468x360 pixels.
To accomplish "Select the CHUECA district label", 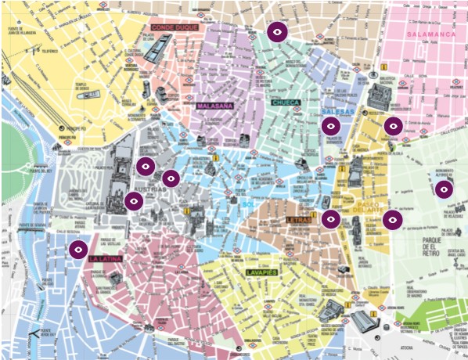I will coord(286,103).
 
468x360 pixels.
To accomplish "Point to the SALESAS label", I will coord(337,112).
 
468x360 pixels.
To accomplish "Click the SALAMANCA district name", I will coord(430,34).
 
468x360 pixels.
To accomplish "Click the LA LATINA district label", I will coord(104,259).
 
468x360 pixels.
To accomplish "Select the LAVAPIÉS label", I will coord(261,272).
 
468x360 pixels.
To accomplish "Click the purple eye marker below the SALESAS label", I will coord(331,125).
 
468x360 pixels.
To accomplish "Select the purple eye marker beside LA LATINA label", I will coord(77,250).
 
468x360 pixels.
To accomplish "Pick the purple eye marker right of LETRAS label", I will coord(331,219).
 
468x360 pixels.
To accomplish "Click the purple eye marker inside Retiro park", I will coord(444,189).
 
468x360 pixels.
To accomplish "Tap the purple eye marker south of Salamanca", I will coord(393,125).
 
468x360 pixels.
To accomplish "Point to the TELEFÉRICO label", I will coord(49,52).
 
